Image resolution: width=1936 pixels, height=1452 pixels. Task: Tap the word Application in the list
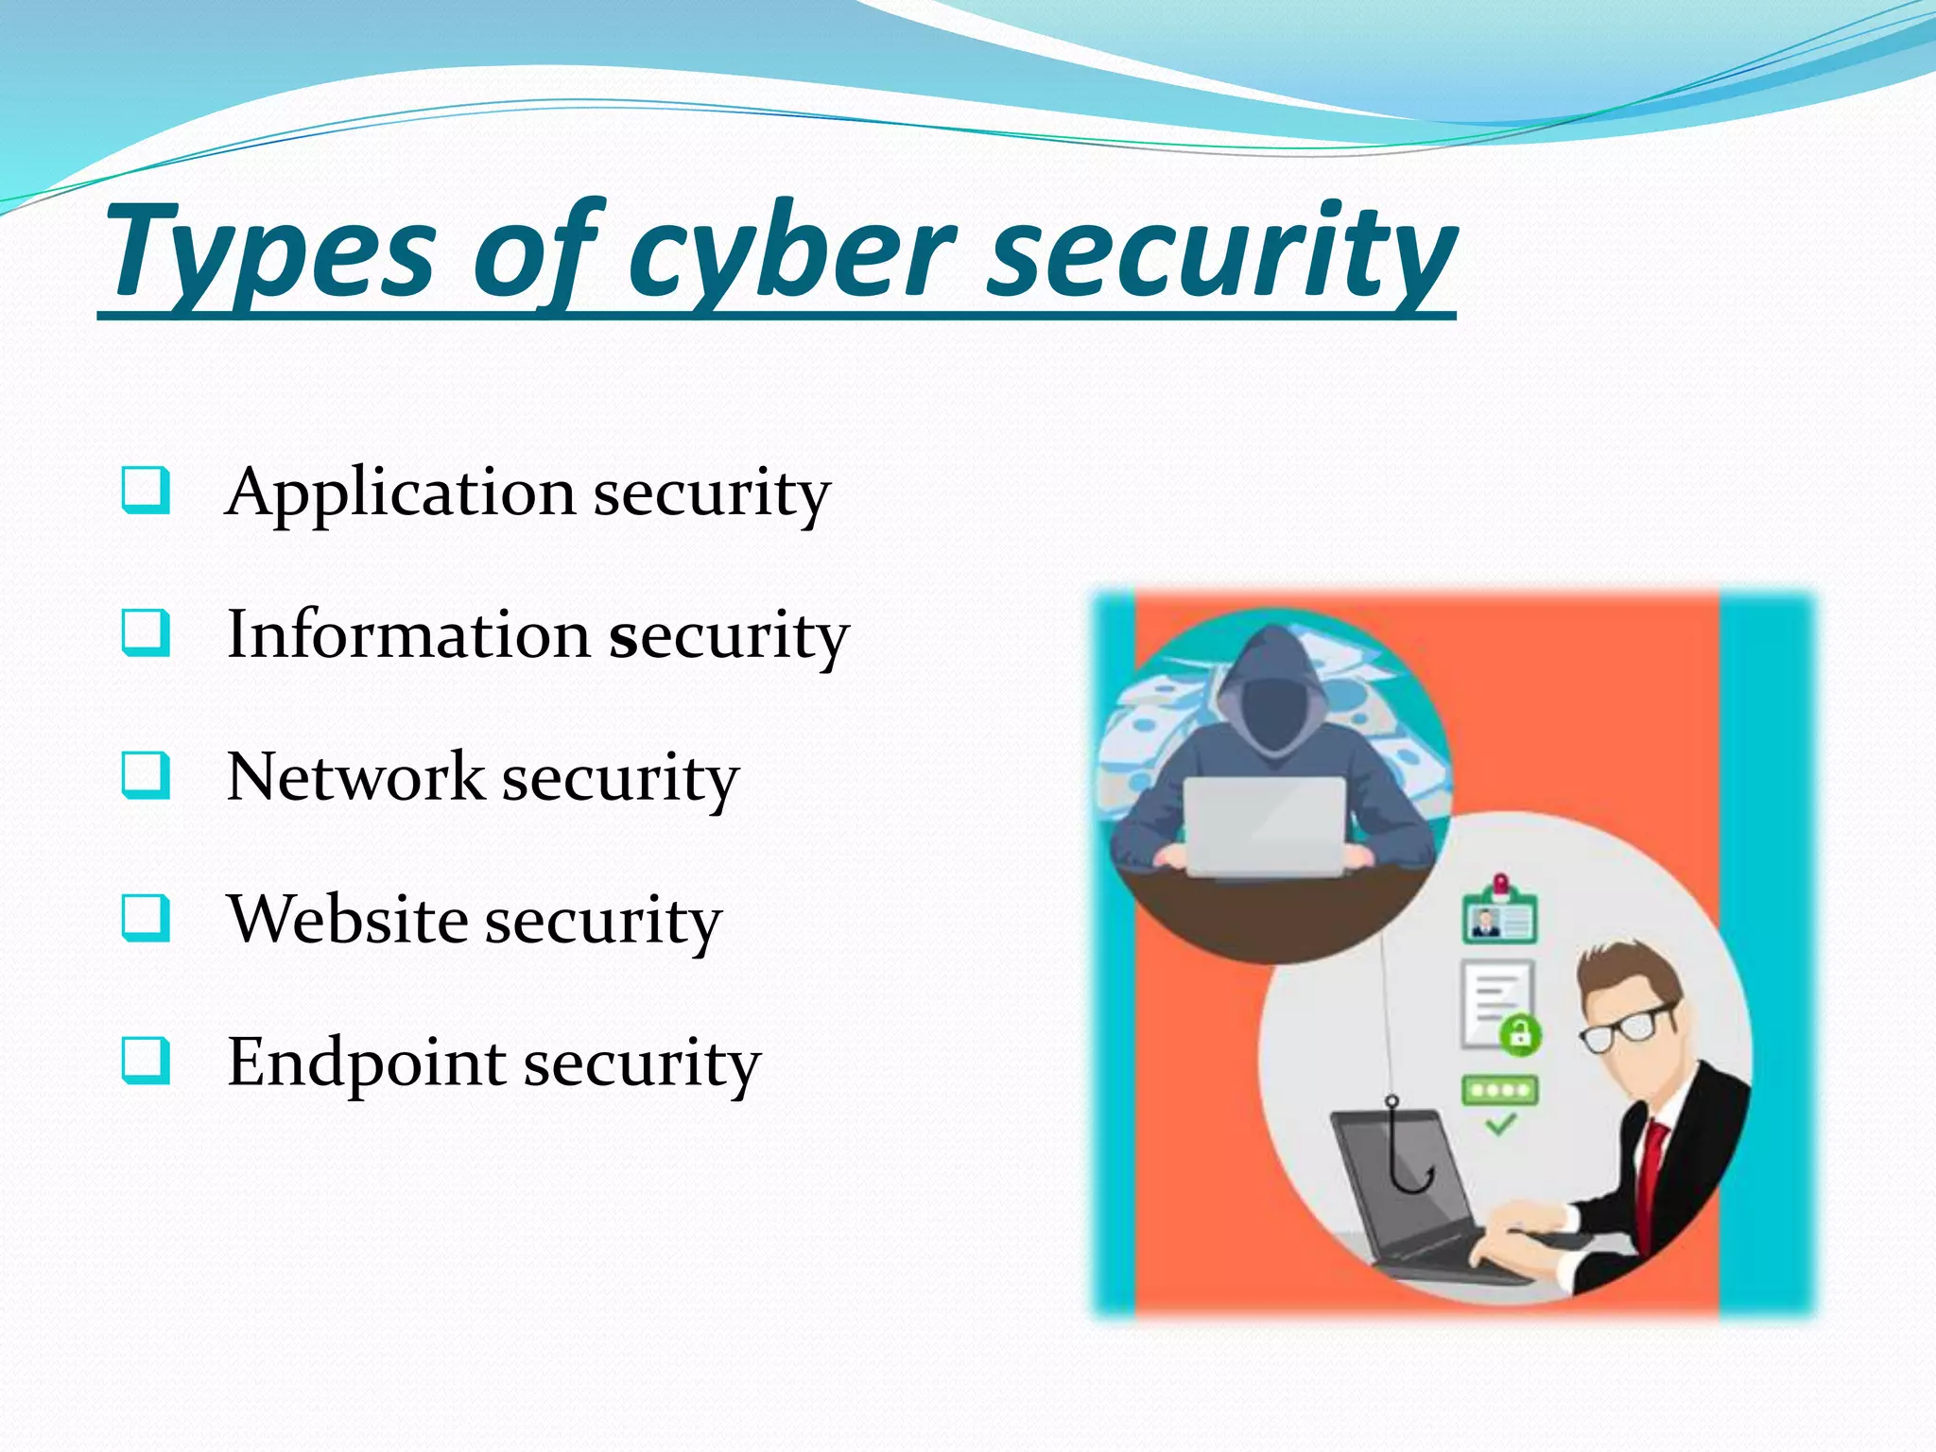[x=401, y=493]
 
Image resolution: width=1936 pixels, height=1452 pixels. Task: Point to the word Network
[x=355, y=777]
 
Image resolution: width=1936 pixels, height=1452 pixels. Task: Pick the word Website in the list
[x=347, y=920]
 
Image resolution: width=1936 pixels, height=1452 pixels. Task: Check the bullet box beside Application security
[x=146, y=490]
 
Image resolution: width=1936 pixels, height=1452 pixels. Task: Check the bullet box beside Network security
[x=146, y=775]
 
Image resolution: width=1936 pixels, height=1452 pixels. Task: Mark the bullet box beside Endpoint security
[x=146, y=1060]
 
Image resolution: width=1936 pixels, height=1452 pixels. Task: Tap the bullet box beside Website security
[x=146, y=918]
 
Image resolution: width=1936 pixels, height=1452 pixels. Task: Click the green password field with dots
[x=1500, y=1089]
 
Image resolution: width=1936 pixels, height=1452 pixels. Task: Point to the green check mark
[x=1500, y=1124]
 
